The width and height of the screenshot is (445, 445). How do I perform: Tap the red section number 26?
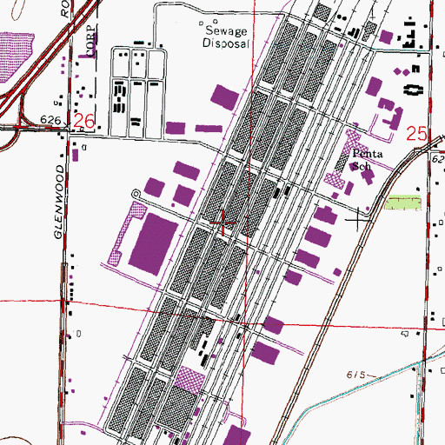coord(83,122)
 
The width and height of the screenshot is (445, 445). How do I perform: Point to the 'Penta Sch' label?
coord(361,159)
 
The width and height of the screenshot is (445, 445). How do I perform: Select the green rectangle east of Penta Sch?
coord(402,203)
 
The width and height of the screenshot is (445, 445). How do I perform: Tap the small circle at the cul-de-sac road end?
coord(135,193)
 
